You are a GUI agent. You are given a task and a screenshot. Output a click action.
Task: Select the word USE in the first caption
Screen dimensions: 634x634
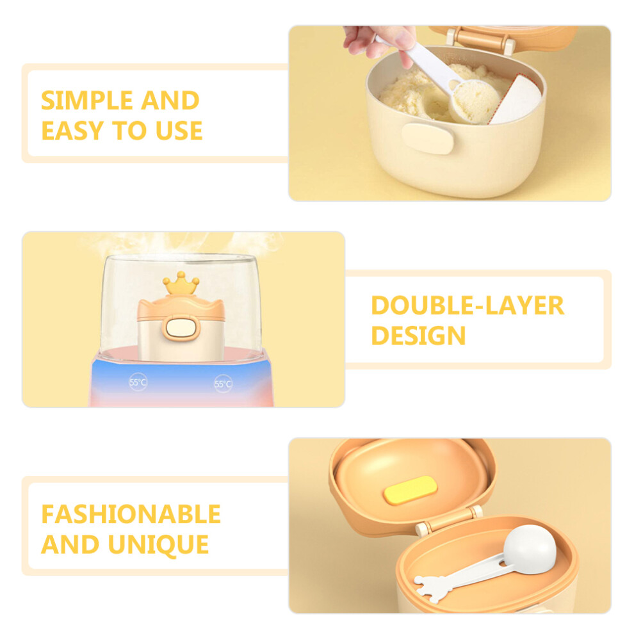click(179, 131)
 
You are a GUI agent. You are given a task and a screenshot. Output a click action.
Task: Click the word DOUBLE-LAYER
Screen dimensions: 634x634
click(467, 305)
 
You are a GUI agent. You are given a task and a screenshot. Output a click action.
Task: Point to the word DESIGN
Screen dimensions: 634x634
click(418, 336)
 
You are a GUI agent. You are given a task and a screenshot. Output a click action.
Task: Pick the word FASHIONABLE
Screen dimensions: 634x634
click(131, 514)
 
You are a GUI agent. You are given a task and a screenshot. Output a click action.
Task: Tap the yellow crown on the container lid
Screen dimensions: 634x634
click(181, 283)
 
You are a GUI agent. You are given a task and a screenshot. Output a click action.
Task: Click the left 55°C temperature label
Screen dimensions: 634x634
click(138, 382)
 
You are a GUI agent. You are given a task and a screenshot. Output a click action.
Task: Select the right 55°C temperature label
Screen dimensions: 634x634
click(223, 384)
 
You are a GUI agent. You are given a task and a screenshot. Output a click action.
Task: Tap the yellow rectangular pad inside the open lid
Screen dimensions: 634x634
click(410, 490)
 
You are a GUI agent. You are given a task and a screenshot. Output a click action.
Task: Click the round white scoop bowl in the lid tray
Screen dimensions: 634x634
click(530, 546)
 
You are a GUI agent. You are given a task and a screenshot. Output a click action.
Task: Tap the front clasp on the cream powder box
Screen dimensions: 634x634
click(427, 138)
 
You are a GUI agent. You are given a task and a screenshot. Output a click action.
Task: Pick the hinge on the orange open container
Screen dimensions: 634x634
click(449, 519)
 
